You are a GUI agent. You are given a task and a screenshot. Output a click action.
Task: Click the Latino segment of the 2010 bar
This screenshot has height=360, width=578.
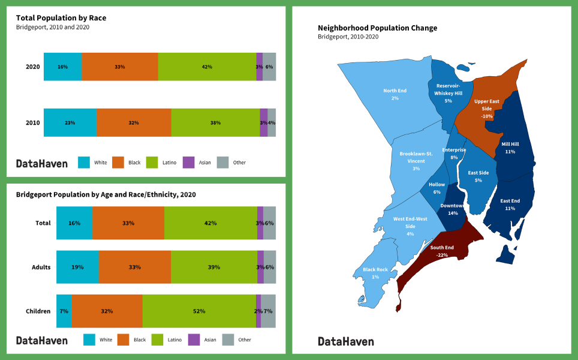pos(215,122)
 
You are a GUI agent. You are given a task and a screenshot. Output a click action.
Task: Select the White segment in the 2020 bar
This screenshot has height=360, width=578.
pos(62,67)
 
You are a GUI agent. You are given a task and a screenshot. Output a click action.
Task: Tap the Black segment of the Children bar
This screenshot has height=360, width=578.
pos(107,311)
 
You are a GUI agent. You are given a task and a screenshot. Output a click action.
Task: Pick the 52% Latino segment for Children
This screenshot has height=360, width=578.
pos(199,311)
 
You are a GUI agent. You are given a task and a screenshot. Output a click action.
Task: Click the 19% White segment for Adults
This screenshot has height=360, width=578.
pos(77,267)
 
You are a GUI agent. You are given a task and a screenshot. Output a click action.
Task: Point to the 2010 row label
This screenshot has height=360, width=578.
pos(32,123)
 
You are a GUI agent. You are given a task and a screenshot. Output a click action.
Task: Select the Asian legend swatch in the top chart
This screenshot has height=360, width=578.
pos(188,162)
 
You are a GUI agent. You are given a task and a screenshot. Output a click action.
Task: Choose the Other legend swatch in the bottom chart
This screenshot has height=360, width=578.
pos(228,340)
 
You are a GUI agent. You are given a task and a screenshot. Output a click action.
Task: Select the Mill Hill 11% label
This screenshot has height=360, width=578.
pos(510,148)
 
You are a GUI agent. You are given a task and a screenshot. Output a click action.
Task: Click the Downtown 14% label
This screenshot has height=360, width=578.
pos(453,209)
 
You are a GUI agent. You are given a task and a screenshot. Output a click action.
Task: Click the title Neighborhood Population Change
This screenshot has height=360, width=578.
pos(377,28)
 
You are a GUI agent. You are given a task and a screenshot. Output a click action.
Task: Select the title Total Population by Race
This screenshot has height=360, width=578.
pos(61,18)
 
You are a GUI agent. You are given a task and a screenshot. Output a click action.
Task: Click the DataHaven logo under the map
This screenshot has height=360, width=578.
pos(345,341)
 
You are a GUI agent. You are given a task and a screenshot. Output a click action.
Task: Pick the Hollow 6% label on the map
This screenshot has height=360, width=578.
pos(436,188)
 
